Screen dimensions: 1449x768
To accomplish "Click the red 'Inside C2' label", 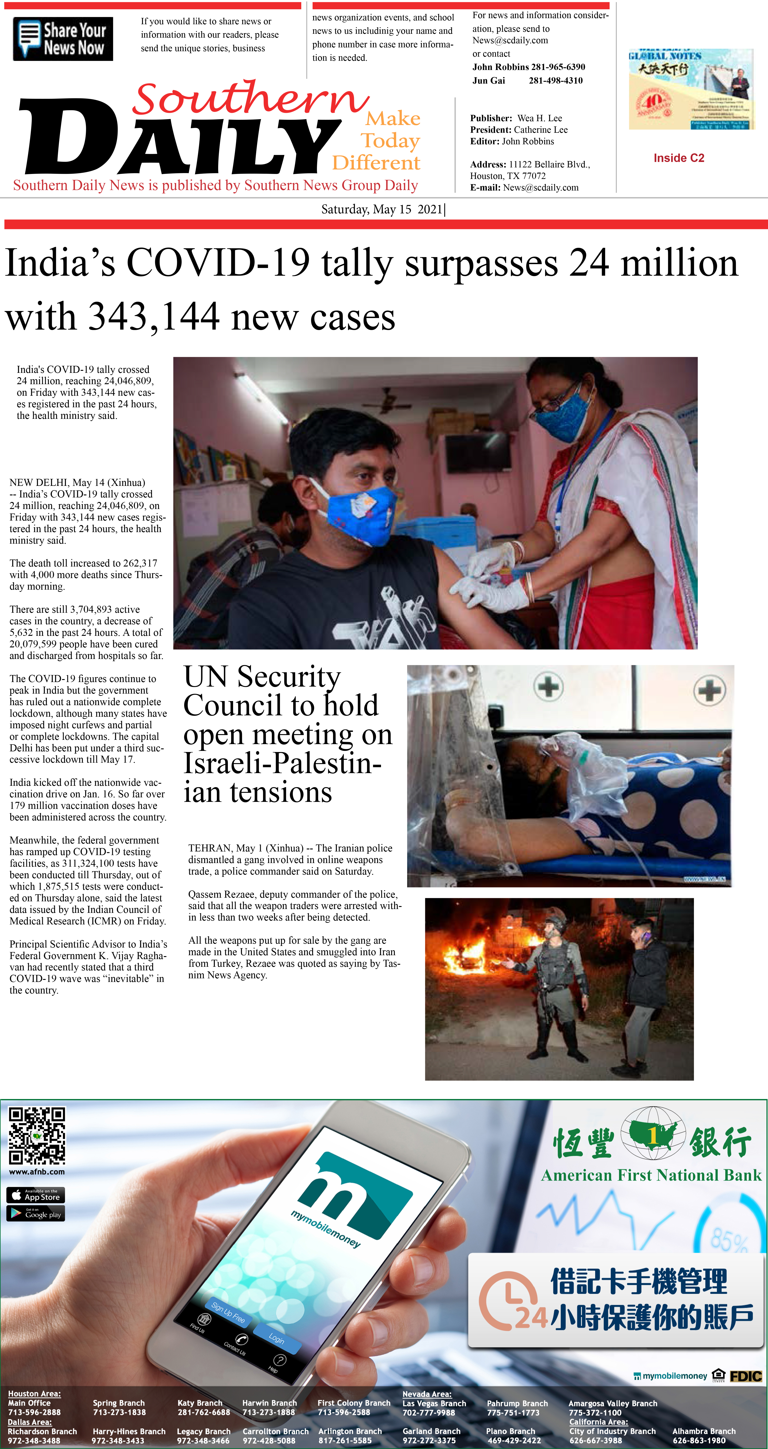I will (x=679, y=158).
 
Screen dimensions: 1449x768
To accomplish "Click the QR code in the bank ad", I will (x=36, y=1135).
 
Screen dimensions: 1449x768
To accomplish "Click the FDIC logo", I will (x=746, y=1376).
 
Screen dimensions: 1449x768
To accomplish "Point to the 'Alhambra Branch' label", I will (x=703, y=1431).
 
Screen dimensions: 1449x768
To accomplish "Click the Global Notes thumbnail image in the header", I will (x=690, y=89).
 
